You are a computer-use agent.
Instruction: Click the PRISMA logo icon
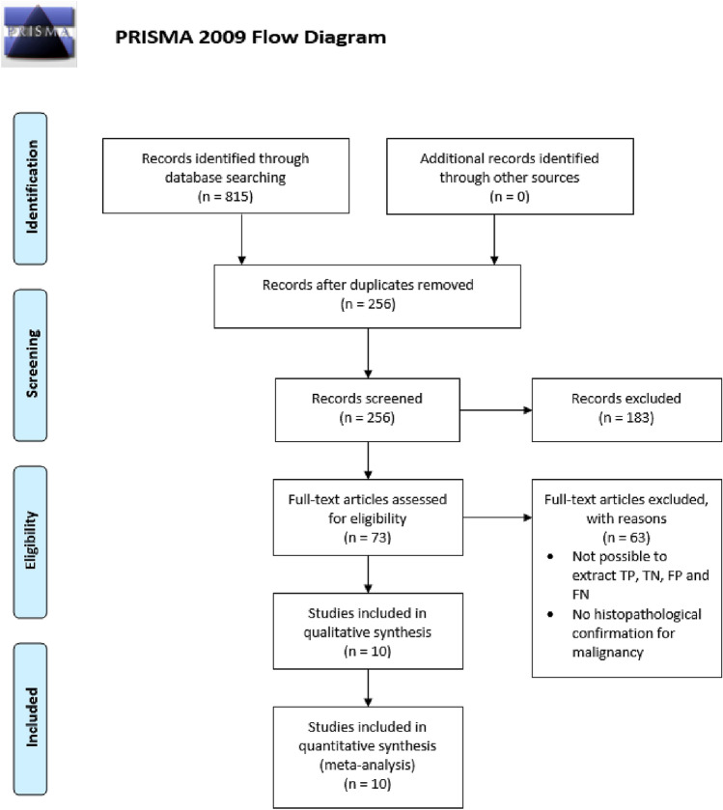(40, 34)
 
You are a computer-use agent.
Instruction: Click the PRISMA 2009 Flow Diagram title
(250, 38)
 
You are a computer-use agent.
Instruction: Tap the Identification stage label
(31, 187)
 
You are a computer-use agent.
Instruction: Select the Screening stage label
(31, 364)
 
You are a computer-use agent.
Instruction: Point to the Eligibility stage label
(31, 541)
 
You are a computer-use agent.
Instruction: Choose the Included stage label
(31, 717)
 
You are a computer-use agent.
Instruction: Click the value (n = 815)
(225, 197)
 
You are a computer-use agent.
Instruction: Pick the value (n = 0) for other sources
(510, 197)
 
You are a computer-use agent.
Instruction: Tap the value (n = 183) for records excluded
(626, 418)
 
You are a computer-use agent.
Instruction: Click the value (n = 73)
(368, 538)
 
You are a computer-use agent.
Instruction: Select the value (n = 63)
(626, 538)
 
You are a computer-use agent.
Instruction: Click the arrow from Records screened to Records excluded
(496, 410)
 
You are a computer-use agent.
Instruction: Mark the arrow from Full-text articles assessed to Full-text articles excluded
(497, 517)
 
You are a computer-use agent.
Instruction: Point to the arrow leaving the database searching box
(241, 238)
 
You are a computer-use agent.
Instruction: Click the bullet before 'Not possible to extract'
(550, 556)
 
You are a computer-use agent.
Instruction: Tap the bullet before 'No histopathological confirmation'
(550, 614)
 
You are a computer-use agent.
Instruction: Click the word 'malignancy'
(608, 653)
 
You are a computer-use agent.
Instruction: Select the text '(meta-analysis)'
(368, 765)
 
